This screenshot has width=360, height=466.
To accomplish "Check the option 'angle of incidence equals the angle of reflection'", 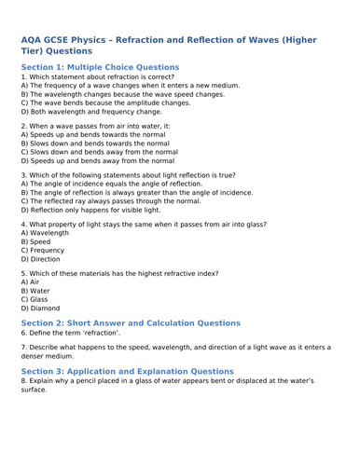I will pos(109,184).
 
